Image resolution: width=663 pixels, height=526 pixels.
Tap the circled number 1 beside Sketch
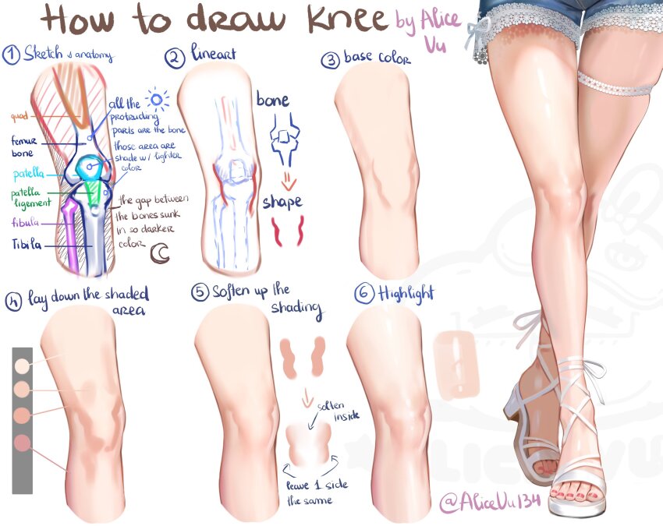pyautogui.click(x=11, y=55)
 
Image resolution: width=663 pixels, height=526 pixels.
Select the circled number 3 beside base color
pyautogui.click(x=331, y=60)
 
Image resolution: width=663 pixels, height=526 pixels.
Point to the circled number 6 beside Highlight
pyautogui.click(x=364, y=295)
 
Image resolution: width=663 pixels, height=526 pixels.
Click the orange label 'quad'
pyautogui.click(x=19, y=117)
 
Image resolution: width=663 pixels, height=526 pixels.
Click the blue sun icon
pyautogui.click(x=159, y=100)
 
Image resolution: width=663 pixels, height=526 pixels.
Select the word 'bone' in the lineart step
pyautogui.click(x=272, y=100)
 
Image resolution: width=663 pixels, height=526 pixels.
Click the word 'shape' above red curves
pyautogui.click(x=282, y=202)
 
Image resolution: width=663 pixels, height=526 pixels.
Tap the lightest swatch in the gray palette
pyautogui.click(x=22, y=365)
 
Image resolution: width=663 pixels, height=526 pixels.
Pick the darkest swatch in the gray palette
pyautogui.click(x=22, y=443)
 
